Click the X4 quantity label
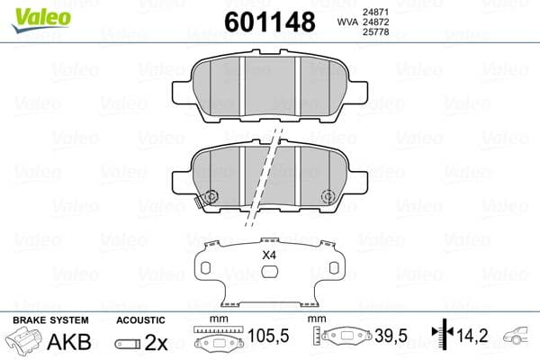tap(267, 256)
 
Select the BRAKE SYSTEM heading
tap(50, 320)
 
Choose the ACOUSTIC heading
tap(140, 320)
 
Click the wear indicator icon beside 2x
tap(127, 343)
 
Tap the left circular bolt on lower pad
tap(212, 197)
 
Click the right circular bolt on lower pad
tap(328, 197)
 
